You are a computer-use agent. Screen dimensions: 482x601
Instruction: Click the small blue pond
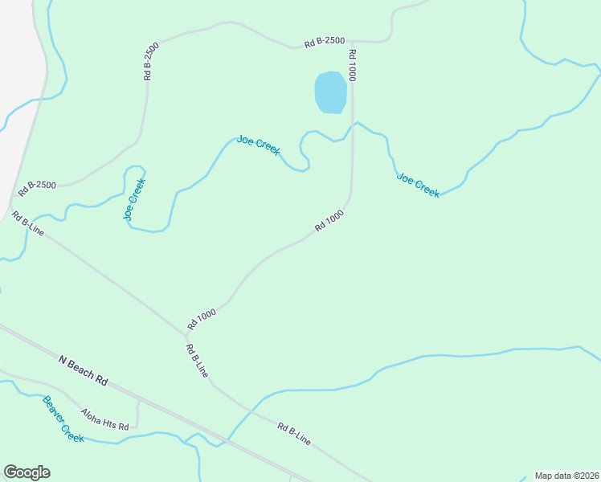331,92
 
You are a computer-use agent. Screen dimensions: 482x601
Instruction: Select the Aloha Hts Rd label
104,419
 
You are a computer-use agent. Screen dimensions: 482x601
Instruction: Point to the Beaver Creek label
63,419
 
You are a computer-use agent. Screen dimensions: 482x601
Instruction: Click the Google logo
27,472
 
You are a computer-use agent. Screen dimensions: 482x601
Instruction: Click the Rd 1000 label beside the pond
352,64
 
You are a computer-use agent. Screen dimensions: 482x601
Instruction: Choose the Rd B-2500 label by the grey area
36,189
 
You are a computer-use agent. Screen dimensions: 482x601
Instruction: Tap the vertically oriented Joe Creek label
134,198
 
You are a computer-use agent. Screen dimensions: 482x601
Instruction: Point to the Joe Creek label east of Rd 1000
418,185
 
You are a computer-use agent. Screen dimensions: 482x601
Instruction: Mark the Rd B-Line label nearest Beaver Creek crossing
293,433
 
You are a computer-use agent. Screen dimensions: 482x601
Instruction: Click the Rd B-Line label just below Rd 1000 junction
197,361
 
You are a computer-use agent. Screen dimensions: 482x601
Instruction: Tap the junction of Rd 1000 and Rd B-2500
352,41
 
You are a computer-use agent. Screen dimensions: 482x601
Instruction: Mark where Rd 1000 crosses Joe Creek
352,126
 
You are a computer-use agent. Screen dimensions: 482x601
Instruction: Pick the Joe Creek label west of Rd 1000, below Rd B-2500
258,145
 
